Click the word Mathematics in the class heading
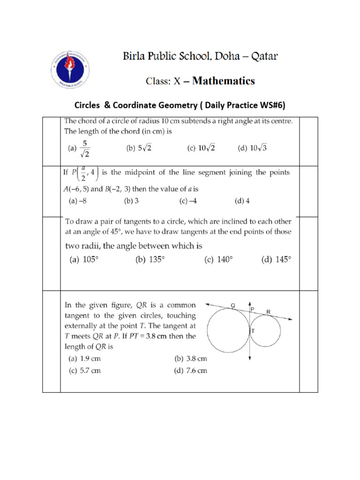[224, 81]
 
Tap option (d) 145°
[276, 260]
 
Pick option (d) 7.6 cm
[190, 371]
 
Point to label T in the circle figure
[253, 331]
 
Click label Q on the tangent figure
[232, 306]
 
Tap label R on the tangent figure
[268, 311]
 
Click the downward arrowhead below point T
[250, 358]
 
